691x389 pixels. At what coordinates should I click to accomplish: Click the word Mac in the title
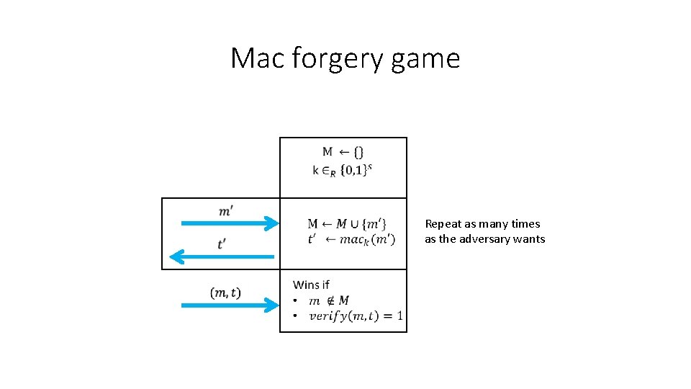(x=258, y=58)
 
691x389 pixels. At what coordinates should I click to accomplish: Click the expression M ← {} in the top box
(x=343, y=152)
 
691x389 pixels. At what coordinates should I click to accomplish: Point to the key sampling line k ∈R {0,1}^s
(x=343, y=170)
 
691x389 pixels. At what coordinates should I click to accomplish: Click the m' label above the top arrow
(x=225, y=210)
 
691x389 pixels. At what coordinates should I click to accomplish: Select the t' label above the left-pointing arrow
(x=224, y=243)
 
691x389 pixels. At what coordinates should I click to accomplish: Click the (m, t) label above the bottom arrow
(x=225, y=292)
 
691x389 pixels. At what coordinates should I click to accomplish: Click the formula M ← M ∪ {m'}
(x=347, y=224)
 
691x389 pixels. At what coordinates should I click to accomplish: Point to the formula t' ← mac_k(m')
(x=351, y=239)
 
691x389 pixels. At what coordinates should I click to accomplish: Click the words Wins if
(x=311, y=285)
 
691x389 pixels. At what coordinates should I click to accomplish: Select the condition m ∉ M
(x=329, y=300)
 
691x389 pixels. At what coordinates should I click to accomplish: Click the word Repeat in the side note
(x=443, y=224)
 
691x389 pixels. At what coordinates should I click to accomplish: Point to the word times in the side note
(x=525, y=224)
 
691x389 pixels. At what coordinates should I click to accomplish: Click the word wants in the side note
(x=529, y=239)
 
